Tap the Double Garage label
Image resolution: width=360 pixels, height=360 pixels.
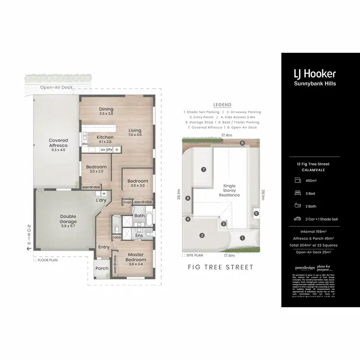(68, 219)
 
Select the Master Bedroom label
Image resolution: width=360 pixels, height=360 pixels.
(136, 257)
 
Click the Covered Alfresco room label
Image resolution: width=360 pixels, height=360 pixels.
(58, 143)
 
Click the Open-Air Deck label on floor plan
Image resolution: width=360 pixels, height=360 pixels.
(57, 88)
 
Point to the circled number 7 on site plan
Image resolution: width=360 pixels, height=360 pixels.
(204, 169)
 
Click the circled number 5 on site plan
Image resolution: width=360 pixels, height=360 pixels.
(256, 213)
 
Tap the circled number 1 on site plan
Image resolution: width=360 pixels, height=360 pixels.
(242, 238)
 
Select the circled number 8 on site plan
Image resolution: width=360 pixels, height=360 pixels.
(243, 143)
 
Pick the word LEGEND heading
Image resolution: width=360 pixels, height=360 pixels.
(222, 105)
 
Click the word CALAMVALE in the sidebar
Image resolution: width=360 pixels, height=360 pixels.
(315, 169)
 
